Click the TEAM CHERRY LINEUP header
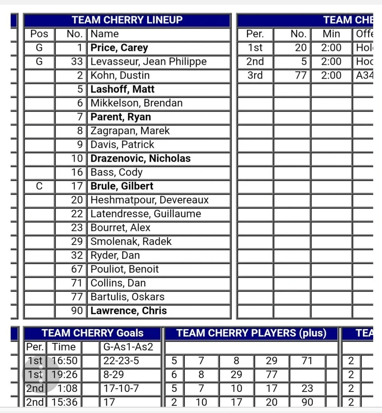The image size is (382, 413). pyautogui.click(x=127, y=20)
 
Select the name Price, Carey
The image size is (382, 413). pyautogui.click(x=119, y=48)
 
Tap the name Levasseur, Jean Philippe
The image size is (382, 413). pyautogui.click(x=148, y=61)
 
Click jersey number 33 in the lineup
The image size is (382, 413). pyautogui.click(x=77, y=61)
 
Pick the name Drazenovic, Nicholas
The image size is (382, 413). pyautogui.click(x=140, y=159)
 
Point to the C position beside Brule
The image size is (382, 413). pyautogui.click(x=39, y=186)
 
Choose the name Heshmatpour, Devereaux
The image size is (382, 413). pyautogui.click(x=149, y=200)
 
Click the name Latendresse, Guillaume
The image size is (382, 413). pyautogui.click(x=146, y=214)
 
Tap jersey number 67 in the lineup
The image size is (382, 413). pyautogui.click(x=77, y=269)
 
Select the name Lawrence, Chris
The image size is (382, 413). pyautogui.click(x=129, y=311)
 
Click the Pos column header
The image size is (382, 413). pyautogui.click(x=39, y=34)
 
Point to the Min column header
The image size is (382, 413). pyautogui.click(x=331, y=34)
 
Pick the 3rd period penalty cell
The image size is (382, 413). pyautogui.click(x=255, y=75)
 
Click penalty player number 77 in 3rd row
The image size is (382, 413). pyautogui.click(x=300, y=75)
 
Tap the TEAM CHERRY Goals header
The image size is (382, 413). pyautogui.click(x=93, y=333)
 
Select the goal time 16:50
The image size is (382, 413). pyautogui.click(x=65, y=361)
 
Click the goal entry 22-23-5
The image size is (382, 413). pyautogui.click(x=121, y=361)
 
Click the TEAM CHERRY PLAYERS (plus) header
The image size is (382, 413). pyautogui.click(x=251, y=333)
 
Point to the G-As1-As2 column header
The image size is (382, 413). pyautogui.click(x=128, y=347)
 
